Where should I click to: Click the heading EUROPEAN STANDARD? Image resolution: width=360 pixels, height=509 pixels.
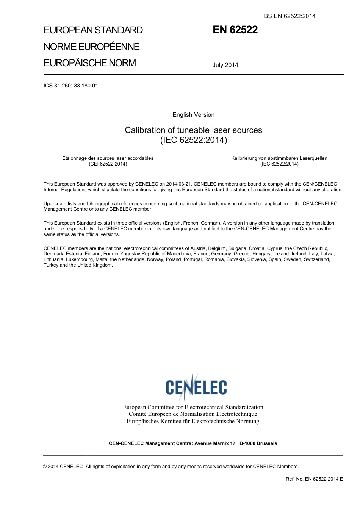[93, 30]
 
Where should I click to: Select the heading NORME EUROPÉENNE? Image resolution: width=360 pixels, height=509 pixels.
[92, 47]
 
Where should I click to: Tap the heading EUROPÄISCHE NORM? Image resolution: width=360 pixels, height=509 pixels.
[90, 63]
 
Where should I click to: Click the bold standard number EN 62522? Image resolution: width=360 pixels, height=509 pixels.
[235, 30]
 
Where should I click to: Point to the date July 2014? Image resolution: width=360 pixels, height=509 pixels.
[225, 65]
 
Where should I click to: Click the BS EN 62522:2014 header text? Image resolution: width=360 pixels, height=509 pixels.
[290, 16]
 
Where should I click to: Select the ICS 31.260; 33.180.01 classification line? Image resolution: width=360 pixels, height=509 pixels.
[71, 86]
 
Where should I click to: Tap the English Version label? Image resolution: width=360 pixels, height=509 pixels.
[193, 115]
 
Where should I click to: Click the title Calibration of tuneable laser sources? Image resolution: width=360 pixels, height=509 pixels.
[193, 130]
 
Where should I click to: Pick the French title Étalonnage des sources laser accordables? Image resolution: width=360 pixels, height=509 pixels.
[108, 158]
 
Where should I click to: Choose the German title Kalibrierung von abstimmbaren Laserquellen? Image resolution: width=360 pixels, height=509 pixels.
[279, 158]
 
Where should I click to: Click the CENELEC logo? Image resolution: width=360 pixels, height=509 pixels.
[196, 387]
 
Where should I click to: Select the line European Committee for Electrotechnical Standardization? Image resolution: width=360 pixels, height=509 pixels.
[193, 407]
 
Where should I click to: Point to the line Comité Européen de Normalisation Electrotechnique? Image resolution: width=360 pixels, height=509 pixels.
[193, 414]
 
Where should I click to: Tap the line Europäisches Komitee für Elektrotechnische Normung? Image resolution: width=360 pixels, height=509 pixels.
[193, 421]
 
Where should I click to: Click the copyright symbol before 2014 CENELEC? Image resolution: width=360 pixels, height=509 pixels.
[45, 467]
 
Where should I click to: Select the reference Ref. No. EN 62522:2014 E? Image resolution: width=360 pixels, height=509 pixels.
[314, 479]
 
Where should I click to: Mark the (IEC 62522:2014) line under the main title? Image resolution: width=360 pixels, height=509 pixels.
[193, 140]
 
